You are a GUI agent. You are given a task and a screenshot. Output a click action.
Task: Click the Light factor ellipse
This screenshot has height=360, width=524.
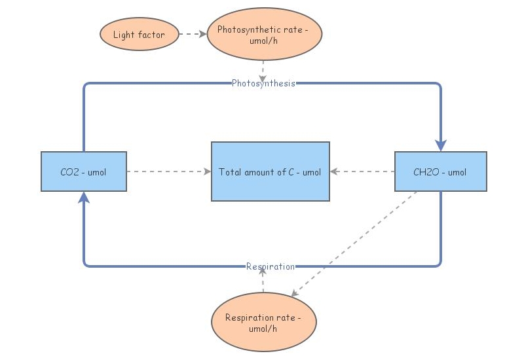coord(139,35)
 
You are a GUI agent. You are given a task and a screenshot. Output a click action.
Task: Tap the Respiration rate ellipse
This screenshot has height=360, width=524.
coord(263,323)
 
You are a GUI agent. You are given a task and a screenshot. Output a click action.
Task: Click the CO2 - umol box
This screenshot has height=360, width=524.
coord(83,171)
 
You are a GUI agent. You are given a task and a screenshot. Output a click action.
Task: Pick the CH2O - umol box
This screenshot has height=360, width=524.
coord(440,171)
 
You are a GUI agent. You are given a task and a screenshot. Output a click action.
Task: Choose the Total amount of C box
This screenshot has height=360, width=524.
coord(270,171)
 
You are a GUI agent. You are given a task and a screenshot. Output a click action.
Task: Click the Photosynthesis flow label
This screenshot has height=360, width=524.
coord(263,83)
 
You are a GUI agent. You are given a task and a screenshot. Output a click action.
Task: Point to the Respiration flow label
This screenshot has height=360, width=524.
coord(270,266)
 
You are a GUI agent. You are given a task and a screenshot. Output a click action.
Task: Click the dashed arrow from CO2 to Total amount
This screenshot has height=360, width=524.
coord(168,171)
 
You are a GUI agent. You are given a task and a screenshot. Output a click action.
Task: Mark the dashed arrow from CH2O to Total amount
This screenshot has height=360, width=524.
coord(362,171)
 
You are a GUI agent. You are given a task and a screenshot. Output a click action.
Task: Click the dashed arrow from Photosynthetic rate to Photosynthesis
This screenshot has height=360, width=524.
coord(263,69)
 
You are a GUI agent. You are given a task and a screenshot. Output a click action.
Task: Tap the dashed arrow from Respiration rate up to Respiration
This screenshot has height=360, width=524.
coord(263,281)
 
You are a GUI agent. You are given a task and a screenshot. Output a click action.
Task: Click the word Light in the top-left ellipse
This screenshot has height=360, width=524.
coord(124,35)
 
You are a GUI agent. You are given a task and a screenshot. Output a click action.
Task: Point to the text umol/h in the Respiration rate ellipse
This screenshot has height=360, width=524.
coord(263,329)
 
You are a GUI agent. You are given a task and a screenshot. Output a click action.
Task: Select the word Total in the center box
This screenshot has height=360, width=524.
coord(231,172)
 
